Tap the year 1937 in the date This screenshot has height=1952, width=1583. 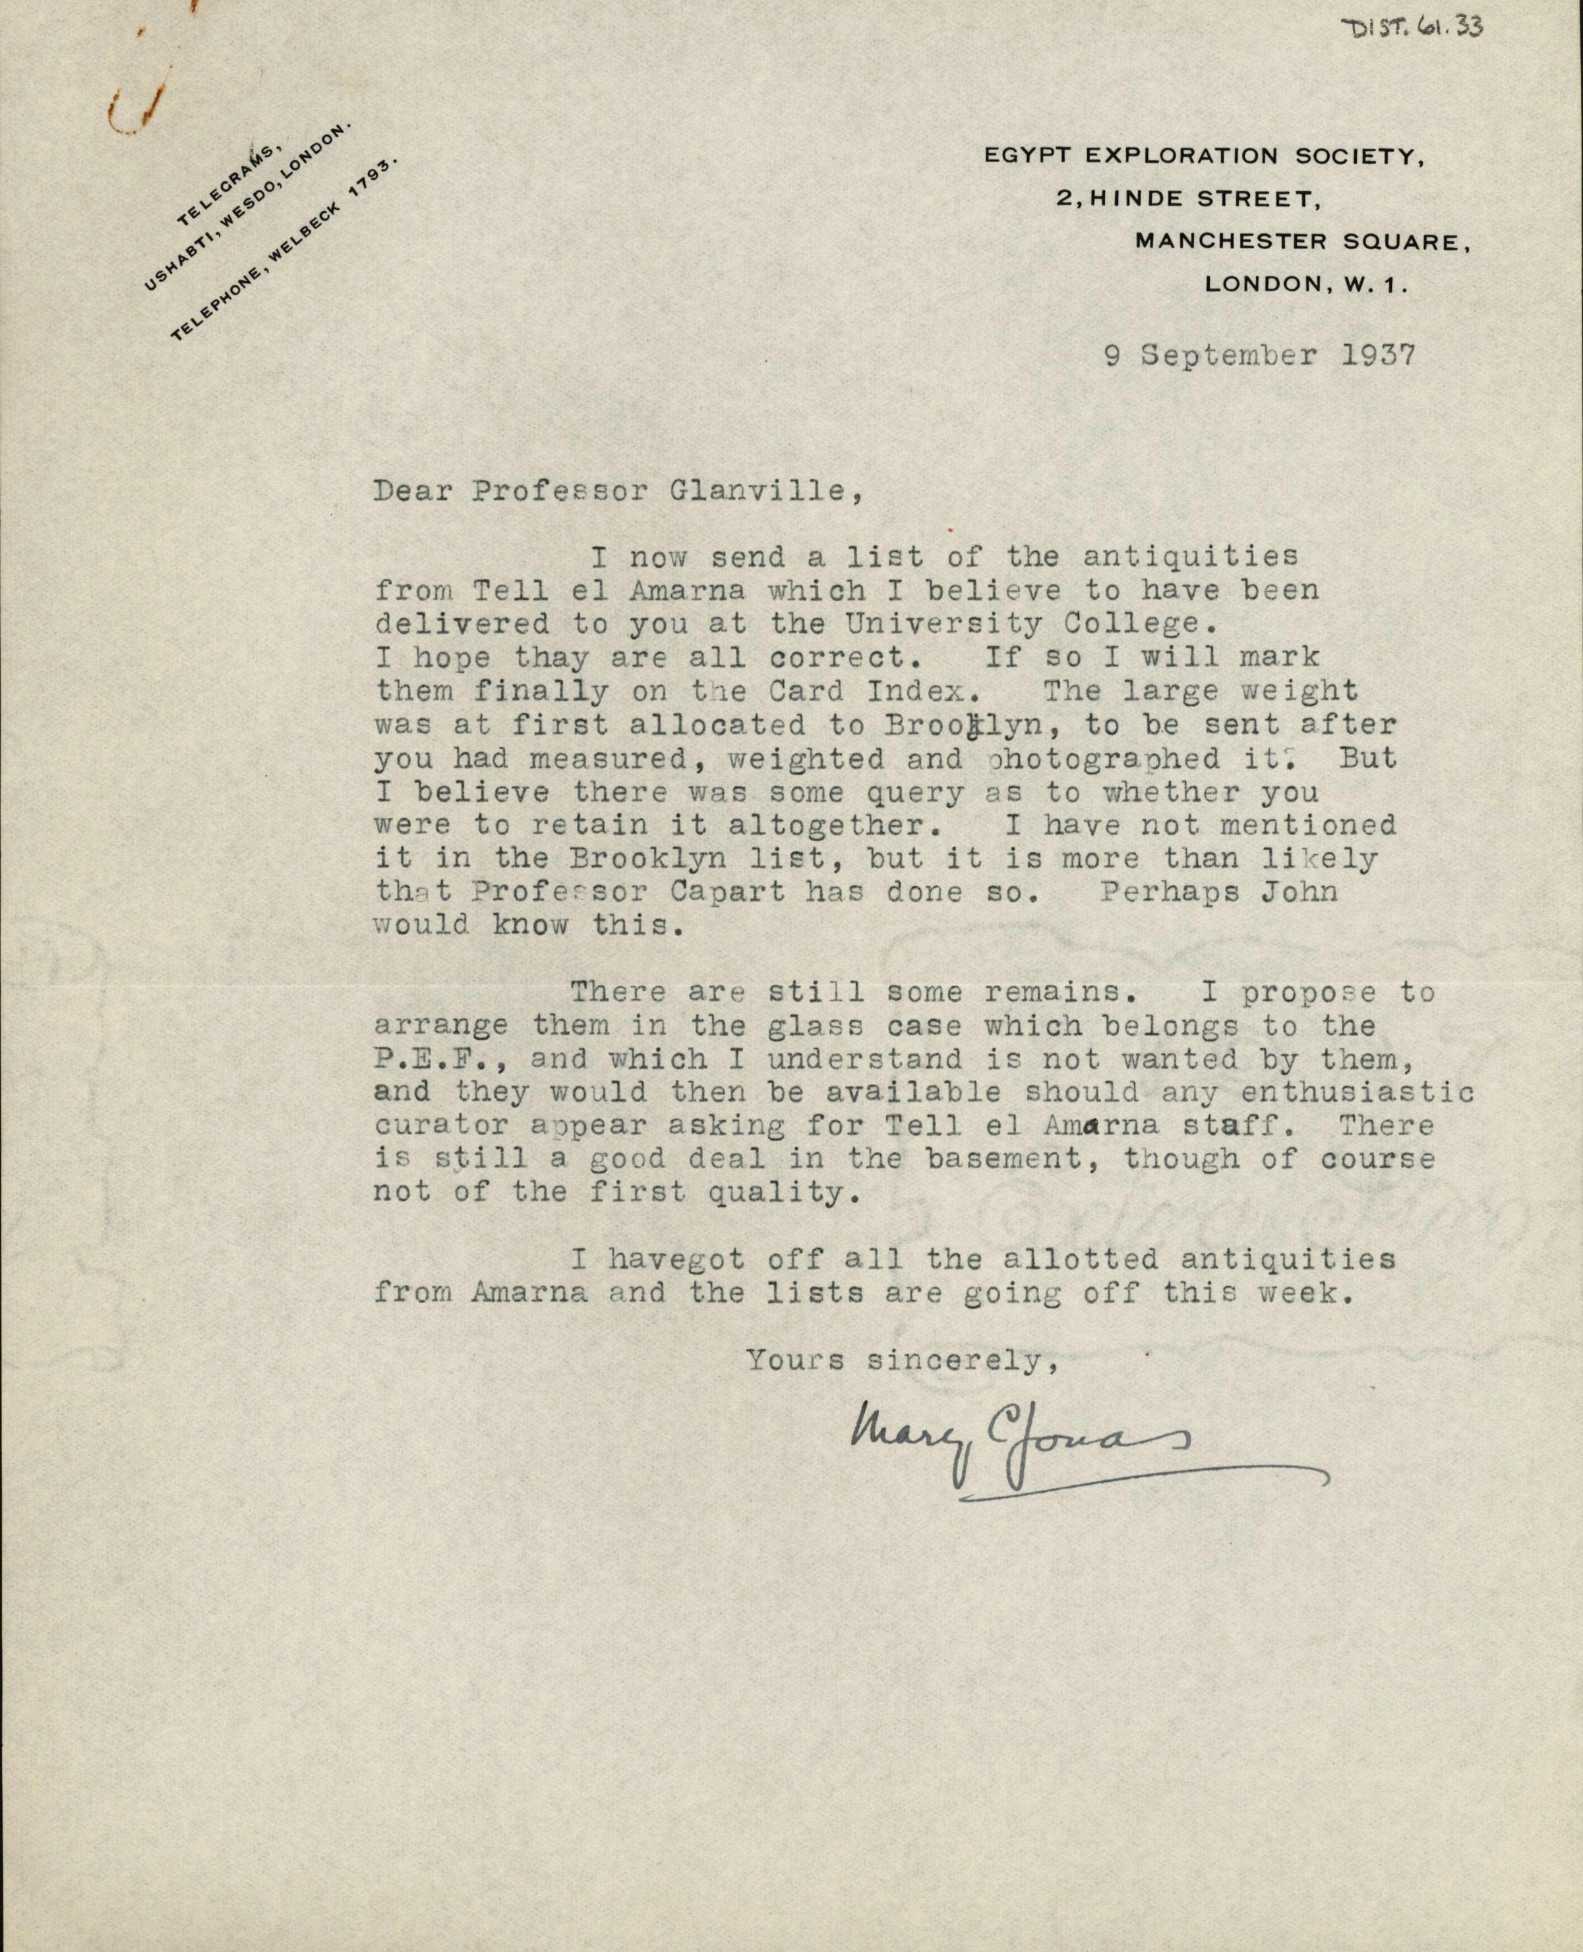click(x=1380, y=355)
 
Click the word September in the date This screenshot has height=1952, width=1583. click(x=1229, y=355)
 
